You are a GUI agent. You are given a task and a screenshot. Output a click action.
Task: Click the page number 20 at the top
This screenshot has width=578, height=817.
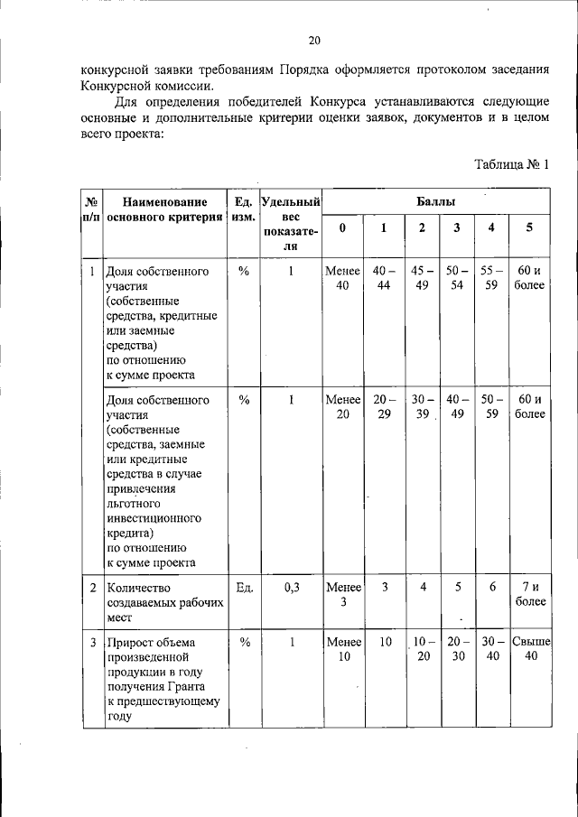click(313, 41)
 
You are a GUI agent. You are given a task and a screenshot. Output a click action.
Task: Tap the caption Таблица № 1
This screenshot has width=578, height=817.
click(511, 163)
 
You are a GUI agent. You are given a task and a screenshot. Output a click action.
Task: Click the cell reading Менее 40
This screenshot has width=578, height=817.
click(342, 279)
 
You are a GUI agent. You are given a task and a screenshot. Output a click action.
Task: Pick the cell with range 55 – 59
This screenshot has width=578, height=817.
click(491, 279)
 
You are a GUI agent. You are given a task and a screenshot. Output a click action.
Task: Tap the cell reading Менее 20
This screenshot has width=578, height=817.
click(342, 407)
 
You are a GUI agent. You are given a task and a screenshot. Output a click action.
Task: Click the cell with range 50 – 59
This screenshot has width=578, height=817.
click(491, 407)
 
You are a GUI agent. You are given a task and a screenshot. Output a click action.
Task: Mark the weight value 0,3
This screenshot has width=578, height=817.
click(291, 588)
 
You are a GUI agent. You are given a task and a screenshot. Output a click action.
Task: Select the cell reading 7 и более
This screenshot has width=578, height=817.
click(529, 595)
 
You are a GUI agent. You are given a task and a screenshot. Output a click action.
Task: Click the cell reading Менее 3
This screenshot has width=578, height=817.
click(342, 595)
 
